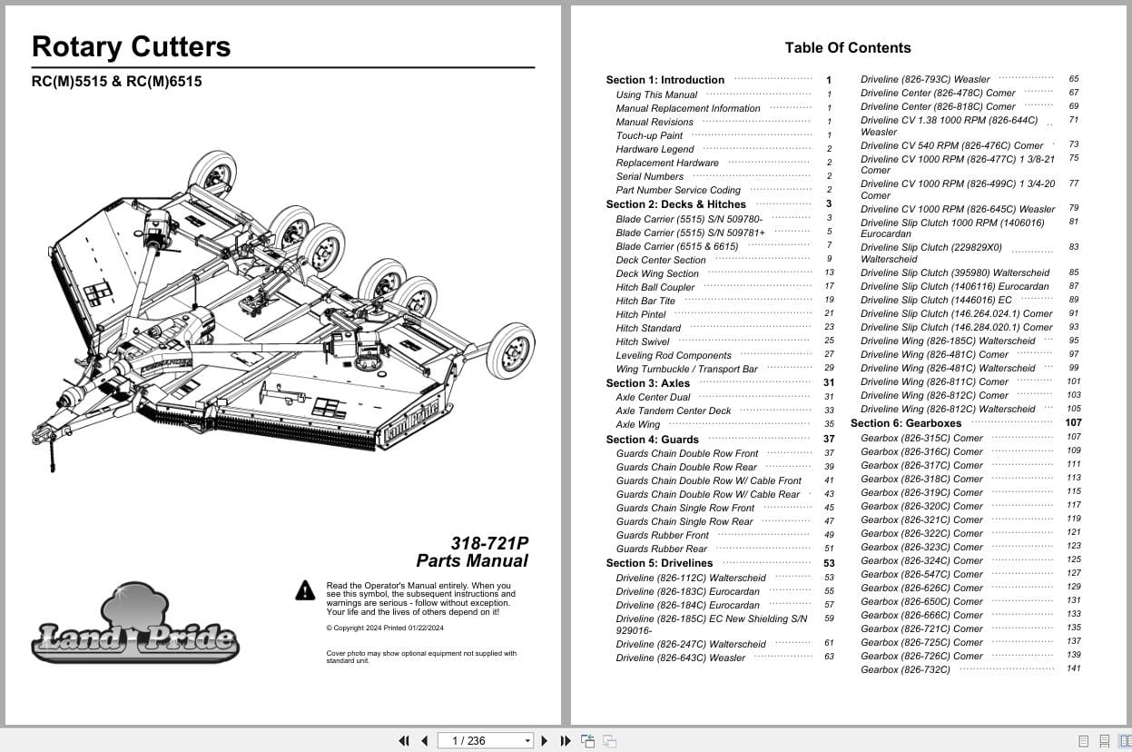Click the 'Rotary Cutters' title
coord(131,47)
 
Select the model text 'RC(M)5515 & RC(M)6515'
coord(116,82)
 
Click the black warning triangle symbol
coord(305,590)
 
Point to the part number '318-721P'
coord(489,543)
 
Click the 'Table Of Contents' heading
coord(847,48)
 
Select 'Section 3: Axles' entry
coord(648,383)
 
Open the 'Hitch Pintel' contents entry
coord(641,314)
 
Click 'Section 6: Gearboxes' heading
coord(905,423)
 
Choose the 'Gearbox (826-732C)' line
coord(905,669)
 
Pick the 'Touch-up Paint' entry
coord(649,135)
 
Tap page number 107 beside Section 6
coord(1073,423)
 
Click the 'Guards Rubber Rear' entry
coord(661,549)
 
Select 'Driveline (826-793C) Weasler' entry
coord(925,80)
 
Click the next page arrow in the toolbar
coord(545,741)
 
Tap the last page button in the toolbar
coord(566,741)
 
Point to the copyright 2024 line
coord(385,628)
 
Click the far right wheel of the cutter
coord(511,351)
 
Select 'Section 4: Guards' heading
coord(652,440)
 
